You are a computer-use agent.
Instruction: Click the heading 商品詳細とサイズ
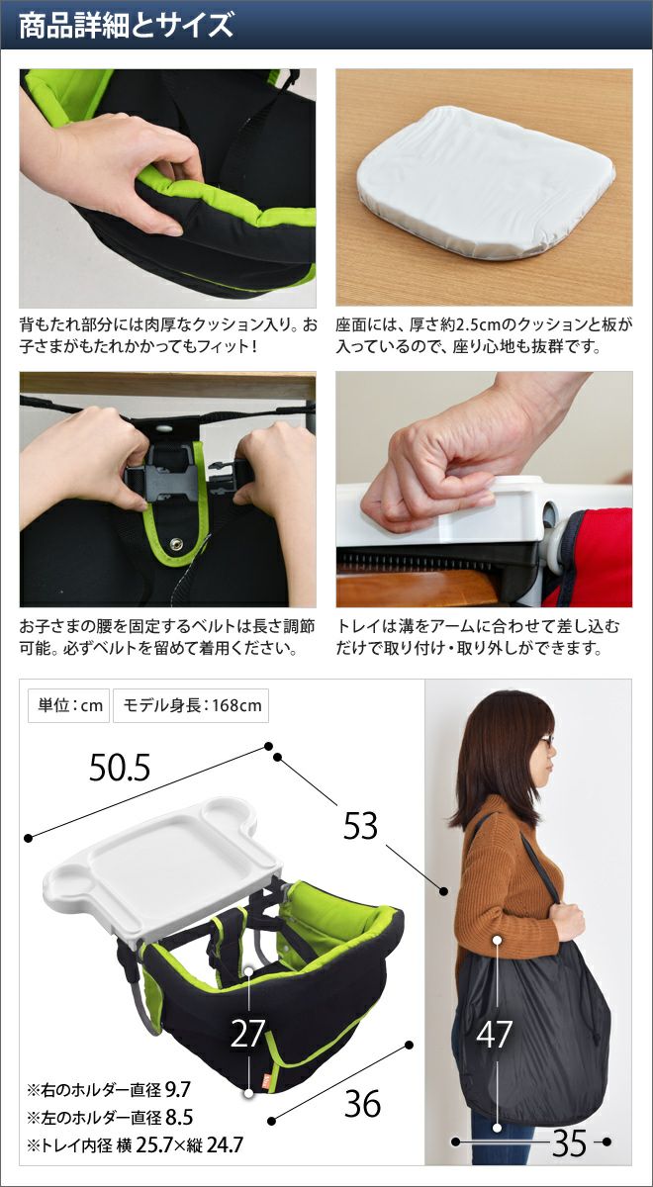(127, 26)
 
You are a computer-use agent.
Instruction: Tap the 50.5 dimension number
(120, 768)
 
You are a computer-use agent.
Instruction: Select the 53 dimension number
(360, 826)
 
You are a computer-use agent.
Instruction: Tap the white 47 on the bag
(494, 1034)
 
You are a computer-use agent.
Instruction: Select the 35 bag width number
(569, 1141)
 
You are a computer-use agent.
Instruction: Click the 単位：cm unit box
(69, 705)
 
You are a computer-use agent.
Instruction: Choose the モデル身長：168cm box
(191, 705)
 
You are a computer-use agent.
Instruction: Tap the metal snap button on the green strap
(174, 543)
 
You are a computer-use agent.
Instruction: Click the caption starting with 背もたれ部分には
(168, 335)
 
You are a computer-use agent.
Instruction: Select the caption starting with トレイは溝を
(477, 637)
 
